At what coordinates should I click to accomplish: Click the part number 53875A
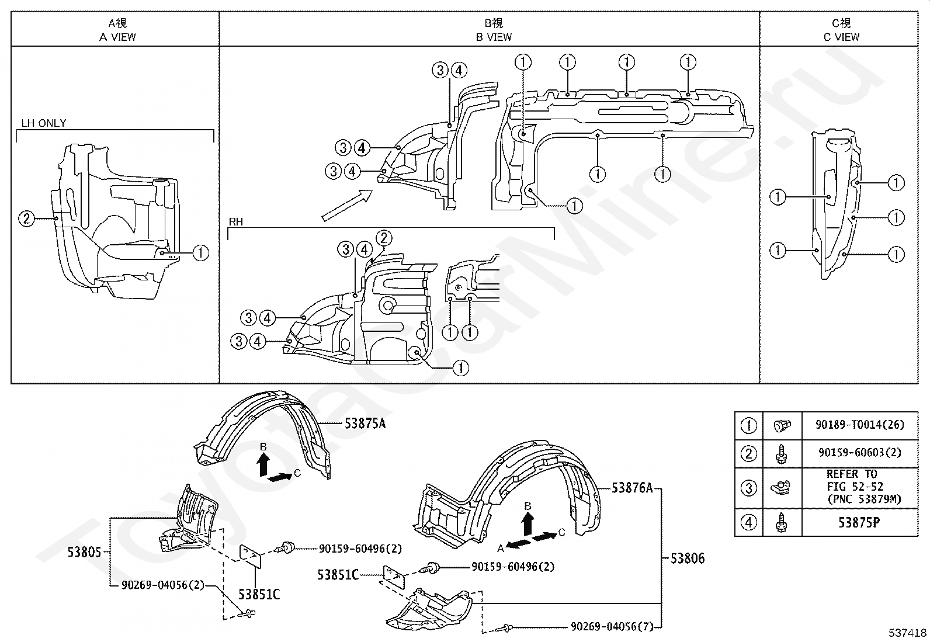(365, 424)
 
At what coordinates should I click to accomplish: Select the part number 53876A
(632, 488)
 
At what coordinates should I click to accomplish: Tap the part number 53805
(84, 552)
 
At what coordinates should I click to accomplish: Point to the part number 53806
(688, 558)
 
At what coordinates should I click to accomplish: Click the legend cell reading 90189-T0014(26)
(859, 425)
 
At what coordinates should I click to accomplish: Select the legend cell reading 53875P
(859, 522)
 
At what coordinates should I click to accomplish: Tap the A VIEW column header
(117, 30)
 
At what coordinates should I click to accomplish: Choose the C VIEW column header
(841, 30)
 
